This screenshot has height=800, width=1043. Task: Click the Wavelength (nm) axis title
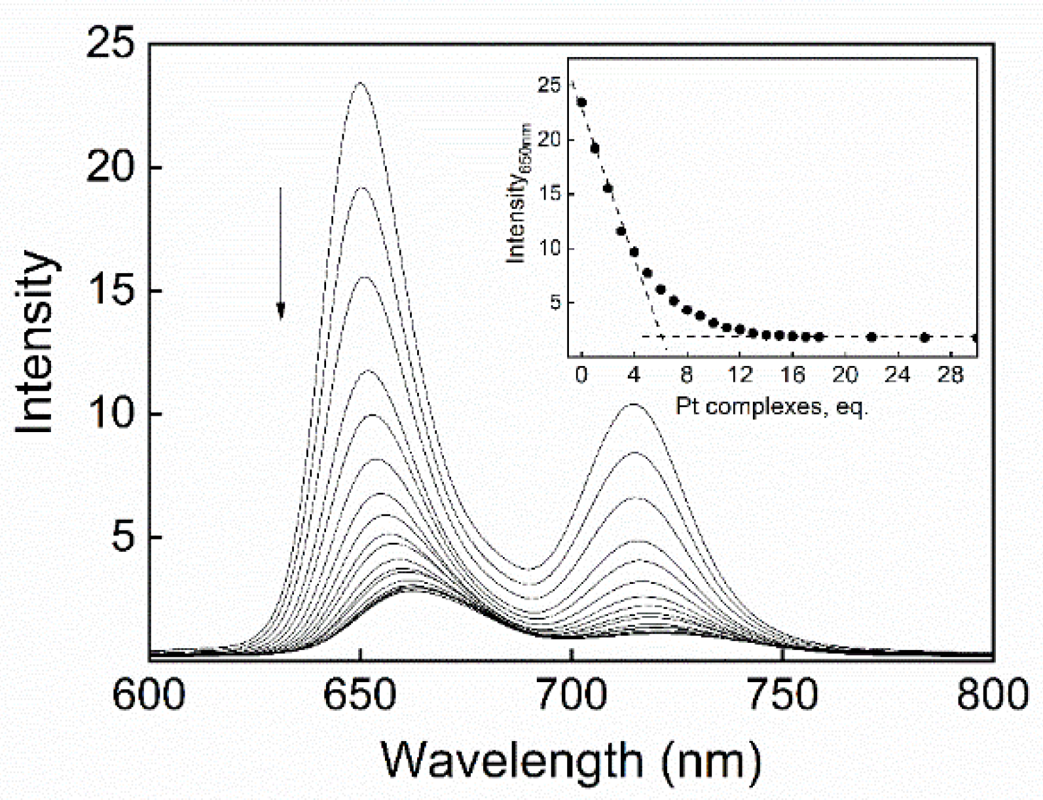click(571, 761)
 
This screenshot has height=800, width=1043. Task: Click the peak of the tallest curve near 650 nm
click(359, 83)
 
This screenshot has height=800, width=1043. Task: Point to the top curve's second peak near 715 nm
click(634, 405)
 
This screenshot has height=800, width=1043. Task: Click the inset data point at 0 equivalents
click(581, 102)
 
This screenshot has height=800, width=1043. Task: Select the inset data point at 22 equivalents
click(871, 337)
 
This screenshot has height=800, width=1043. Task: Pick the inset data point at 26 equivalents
click(924, 338)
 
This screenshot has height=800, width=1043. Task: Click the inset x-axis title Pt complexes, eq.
click(771, 407)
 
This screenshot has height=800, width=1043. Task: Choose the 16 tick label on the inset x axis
click(792, 375)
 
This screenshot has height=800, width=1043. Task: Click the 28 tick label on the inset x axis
click(951, 375)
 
